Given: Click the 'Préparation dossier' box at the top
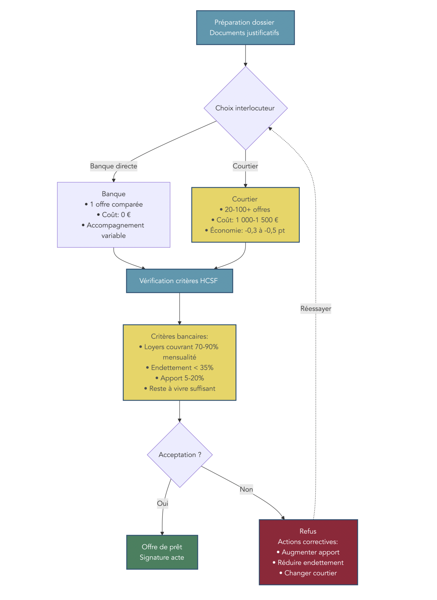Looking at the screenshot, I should click(x=245, y=27).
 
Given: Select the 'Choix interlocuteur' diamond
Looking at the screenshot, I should click(x=245, y=108).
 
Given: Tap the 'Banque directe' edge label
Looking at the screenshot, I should click(x=114, y=166).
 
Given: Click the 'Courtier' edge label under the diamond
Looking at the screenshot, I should click(x=245, y=166).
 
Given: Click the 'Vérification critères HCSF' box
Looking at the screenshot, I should click(x=179, y=281).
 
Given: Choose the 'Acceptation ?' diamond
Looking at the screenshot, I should click(x=180, y=455).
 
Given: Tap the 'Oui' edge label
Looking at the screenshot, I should click(x=163, y=503).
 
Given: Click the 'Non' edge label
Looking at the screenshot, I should click(x=246, y=489).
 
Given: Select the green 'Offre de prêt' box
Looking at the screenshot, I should click(x=162, y=552).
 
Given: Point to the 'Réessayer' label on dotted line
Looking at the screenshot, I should click(x=316, y=309).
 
